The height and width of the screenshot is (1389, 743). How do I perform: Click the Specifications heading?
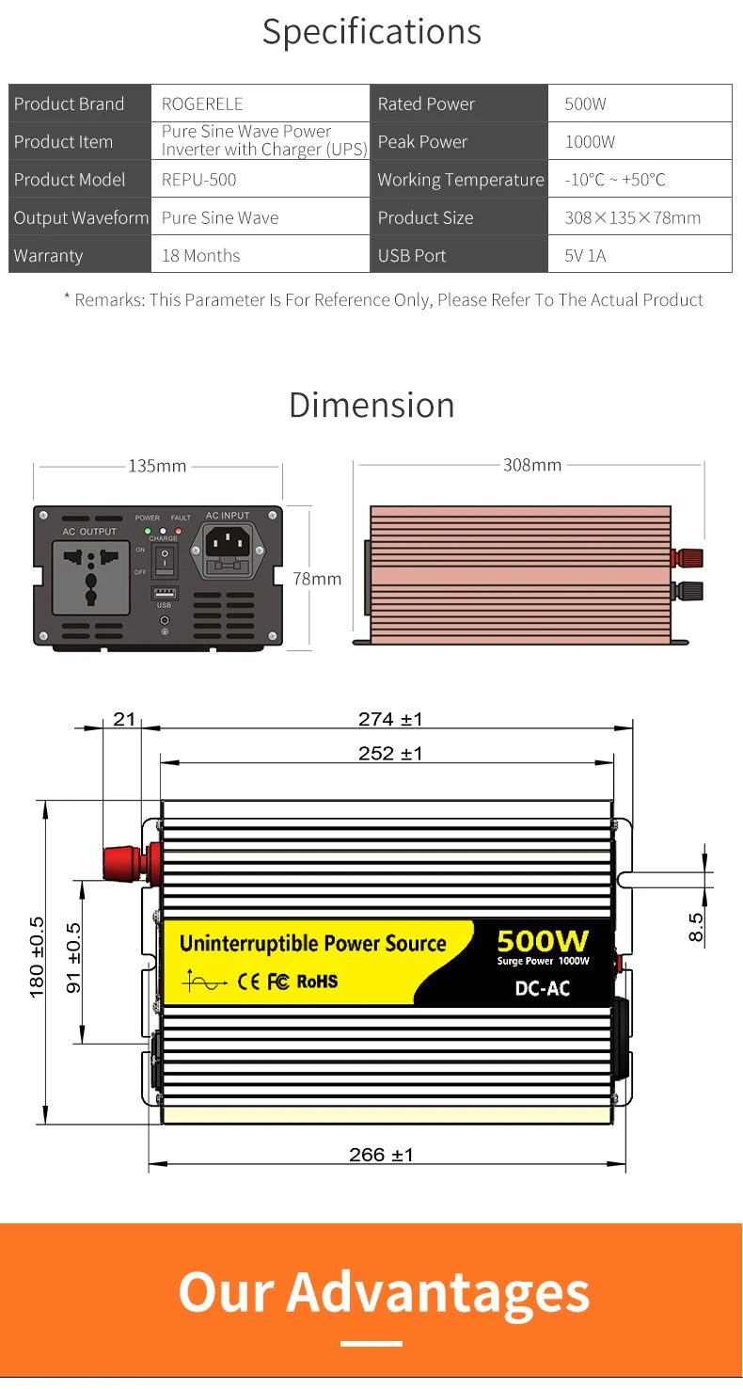tap(371, 31)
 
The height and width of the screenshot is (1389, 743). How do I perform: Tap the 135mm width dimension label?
tap(157, 466)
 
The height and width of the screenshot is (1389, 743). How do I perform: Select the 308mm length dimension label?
tap(532, 465)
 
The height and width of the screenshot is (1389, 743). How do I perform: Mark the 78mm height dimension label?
tap(317, 579)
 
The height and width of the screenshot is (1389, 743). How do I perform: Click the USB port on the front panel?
tap(165, 593)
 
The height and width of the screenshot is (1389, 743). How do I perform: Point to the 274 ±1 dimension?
tap(390, 719)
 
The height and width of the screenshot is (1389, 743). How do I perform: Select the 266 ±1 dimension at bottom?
tap(381, 1155)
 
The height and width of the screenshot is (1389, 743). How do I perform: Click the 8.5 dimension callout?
tap(697, 926)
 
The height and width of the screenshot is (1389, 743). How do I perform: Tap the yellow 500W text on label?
tap(543, 941)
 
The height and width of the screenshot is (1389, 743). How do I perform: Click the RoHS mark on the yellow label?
tap(317, 982)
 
